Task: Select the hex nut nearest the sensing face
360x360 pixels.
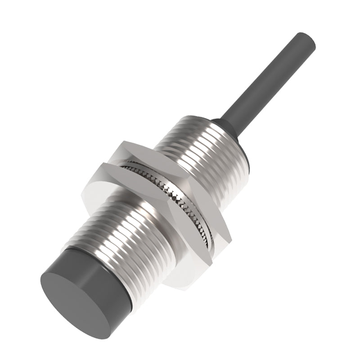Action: click(148, 216)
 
